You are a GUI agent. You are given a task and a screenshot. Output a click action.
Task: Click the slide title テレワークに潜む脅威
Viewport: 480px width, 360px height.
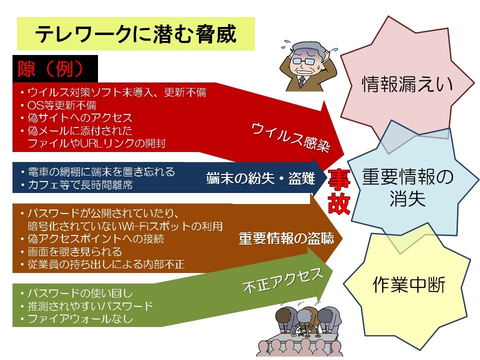tap(136, 33)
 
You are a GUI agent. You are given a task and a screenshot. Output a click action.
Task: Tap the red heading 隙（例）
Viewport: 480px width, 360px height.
tap(51, 69)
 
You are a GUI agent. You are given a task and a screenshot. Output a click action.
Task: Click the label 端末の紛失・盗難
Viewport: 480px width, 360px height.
tap(260, 178)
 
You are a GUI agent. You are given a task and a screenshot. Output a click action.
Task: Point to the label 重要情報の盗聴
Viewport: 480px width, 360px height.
tap(286, 238)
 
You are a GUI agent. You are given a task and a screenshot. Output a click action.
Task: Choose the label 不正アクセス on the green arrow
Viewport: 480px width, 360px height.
tap(283, 279)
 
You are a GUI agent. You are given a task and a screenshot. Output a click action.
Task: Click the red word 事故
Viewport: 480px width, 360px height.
tap(339, 191)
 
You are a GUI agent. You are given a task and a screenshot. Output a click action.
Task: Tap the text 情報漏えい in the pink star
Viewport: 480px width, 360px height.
tap(407, 84)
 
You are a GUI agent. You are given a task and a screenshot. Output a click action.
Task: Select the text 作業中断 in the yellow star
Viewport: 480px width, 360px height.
tap(409, 284)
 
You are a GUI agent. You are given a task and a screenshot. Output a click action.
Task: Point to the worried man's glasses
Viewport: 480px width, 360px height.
tap(304, 61)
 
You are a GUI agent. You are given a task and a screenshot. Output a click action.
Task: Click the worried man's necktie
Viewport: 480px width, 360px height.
tap(302, 81)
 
